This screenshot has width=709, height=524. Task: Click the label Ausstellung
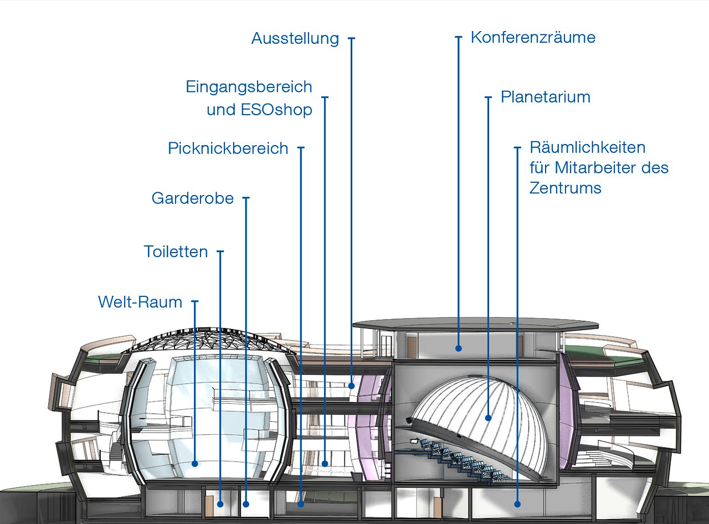295,39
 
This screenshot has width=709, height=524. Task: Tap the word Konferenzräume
533,38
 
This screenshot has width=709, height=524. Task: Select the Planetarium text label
545,97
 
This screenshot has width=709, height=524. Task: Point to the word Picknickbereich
228,148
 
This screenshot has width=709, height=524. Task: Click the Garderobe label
193,198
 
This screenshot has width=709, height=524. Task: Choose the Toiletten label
176,251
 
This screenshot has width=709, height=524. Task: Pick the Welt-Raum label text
140,302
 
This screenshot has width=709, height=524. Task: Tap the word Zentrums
565,188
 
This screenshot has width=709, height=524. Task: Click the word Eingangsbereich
249,87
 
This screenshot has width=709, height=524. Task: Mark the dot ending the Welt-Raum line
194,464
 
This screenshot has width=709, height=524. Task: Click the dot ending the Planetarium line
489,418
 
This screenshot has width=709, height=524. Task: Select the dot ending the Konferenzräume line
459,348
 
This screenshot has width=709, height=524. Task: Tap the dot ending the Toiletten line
220,504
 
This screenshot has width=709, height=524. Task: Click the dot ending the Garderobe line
246,504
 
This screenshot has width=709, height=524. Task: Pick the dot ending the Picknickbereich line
301,504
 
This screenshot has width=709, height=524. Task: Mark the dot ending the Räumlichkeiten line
517,504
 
